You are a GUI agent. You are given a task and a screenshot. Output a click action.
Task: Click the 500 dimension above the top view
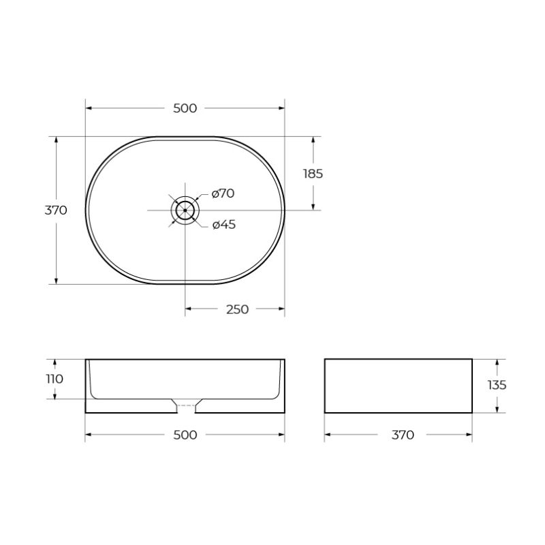[x=185, y=108]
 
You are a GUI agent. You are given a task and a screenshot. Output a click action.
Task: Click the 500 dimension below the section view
[x=185, y=435]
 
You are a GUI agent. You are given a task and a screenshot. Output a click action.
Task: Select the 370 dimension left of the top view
[x=56, y=210]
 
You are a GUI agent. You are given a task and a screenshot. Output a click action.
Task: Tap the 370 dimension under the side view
[x=403, y=435]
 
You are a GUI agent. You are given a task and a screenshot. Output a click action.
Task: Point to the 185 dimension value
[x=313, y=173]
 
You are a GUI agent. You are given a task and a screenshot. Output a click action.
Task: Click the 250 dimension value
[x=237, y=309]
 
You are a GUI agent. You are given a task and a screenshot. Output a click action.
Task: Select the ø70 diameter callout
[x=223, y=193]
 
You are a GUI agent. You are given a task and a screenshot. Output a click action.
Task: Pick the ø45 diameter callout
[x=223, y=225]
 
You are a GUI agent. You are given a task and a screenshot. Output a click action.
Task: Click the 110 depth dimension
[x=54, y=379]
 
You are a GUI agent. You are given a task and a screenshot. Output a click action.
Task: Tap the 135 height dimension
[x=497, y=385]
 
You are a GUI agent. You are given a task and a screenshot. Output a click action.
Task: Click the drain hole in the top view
[x=185, y=210]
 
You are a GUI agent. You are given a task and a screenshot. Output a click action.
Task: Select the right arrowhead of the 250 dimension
[x=281, y=309]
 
